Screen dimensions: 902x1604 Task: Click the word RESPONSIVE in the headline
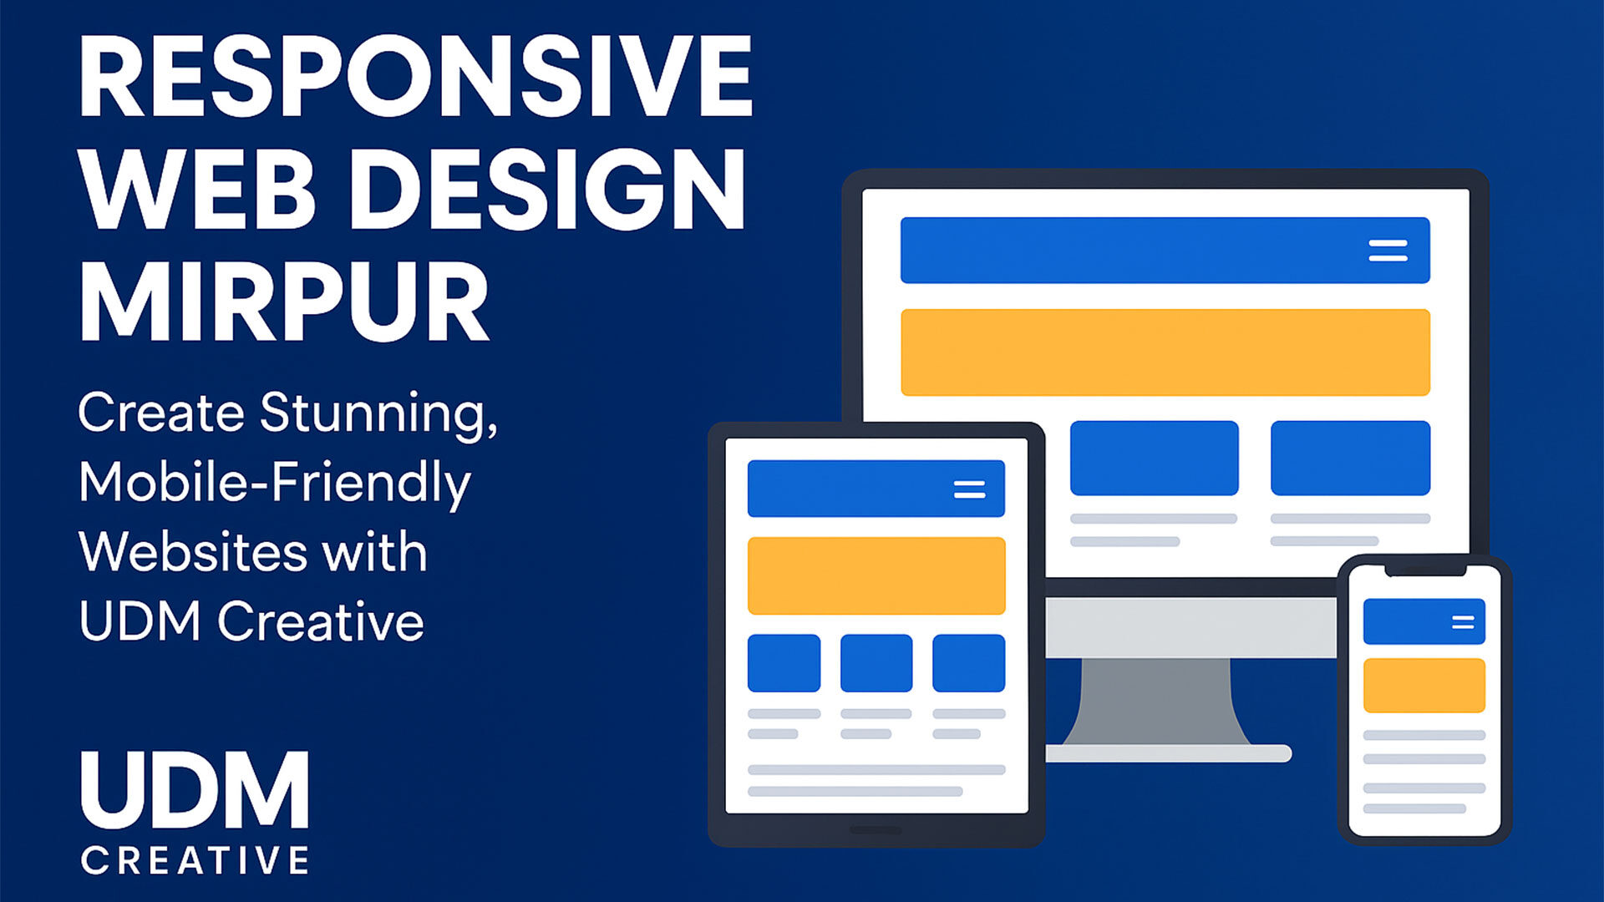[415, 77]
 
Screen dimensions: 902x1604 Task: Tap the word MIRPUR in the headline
[284, 302]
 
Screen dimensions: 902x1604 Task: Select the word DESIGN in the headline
[547, 190]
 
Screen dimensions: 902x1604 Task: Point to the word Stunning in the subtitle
[378, 414]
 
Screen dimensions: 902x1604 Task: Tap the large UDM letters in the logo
[195, 790]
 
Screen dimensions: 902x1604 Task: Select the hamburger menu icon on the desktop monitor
[1388, 251]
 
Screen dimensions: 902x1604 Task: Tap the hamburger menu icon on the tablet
[969, 489]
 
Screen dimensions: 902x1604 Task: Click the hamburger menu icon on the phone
[1463, 622]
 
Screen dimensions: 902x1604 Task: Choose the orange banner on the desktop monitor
[1165, 352]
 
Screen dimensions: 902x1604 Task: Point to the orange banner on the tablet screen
[876, 576]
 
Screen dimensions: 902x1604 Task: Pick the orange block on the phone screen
[1424, 686]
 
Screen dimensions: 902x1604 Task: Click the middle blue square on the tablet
[876, 663]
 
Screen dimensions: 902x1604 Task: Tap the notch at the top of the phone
[1425, 570]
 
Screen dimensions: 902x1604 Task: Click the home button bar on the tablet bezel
[875, 830]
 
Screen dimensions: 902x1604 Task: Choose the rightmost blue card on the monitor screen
[1350, 459]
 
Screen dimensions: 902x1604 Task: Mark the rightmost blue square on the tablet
[968, 663]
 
